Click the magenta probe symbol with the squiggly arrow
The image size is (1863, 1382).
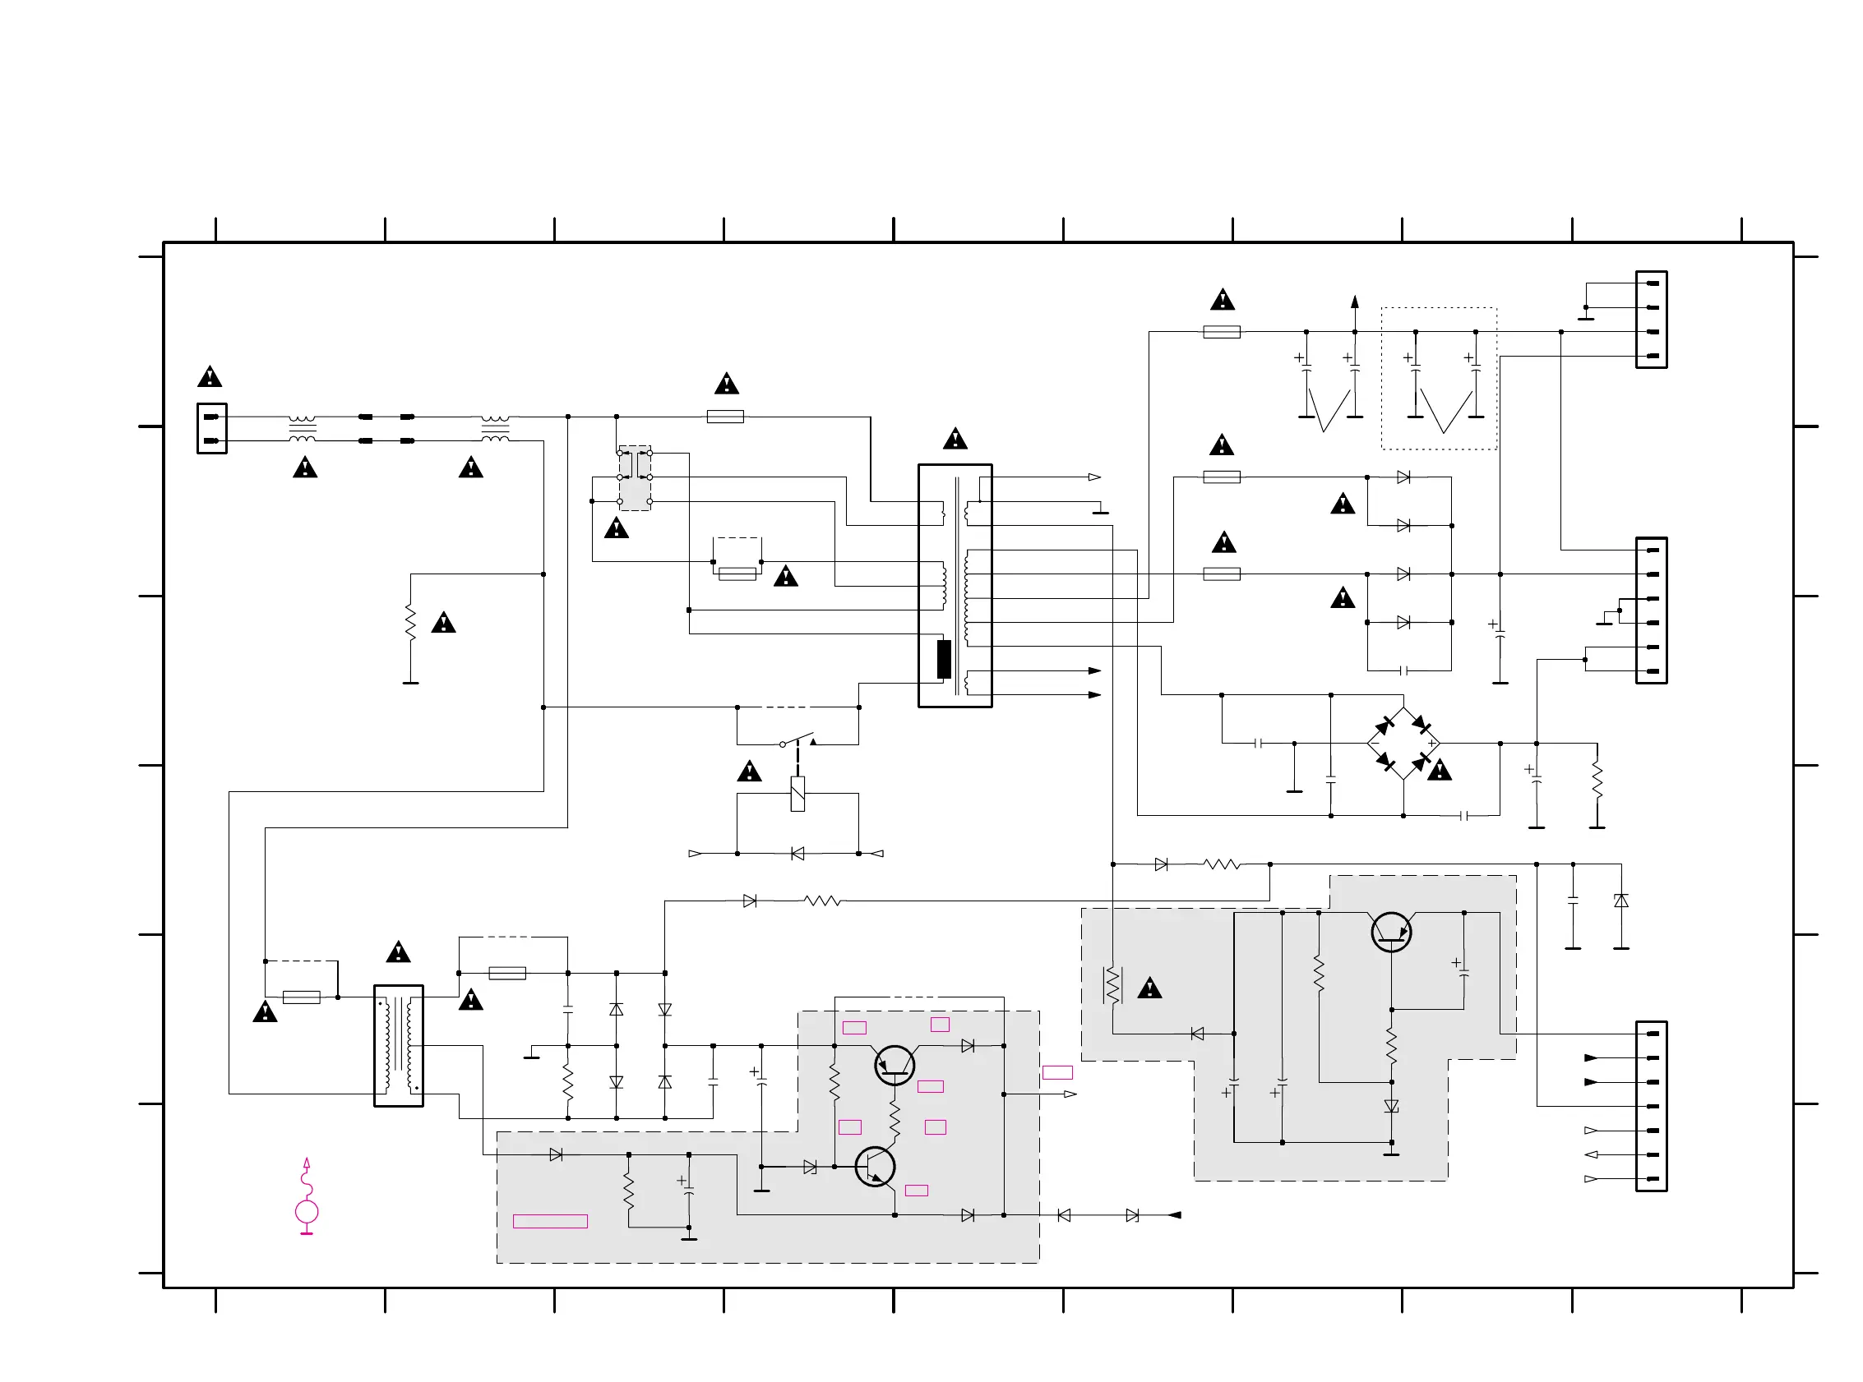pos(307,1198)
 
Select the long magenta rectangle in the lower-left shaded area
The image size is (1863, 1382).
pos(550,1222)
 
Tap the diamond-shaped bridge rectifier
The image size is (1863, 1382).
pos(1403,743)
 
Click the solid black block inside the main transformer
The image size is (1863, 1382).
pos(943,659)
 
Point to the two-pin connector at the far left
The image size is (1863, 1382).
pos(212,428)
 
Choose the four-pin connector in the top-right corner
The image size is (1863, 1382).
pos(1650,320)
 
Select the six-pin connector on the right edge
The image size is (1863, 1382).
pos(1650,610)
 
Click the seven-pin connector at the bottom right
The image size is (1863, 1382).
pos(1650,1106)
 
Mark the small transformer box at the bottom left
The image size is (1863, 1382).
pos(399,1046)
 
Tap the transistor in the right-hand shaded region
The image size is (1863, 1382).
pos(1391,932)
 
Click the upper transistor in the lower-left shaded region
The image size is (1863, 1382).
pos(894,1065)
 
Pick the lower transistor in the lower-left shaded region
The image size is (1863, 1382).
pos(875,1166)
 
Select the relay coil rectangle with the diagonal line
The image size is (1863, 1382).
pos(797,793)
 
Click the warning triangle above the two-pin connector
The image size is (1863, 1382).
pos(209,377)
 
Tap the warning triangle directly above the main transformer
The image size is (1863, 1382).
pos(955,440)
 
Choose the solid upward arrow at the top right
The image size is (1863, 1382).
pos(1354,303)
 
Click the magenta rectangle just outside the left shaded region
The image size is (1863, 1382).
pos(1057,1072)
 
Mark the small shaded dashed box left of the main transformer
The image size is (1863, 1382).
pos(635,477)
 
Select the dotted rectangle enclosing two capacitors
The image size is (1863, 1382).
pos(1438,378)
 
